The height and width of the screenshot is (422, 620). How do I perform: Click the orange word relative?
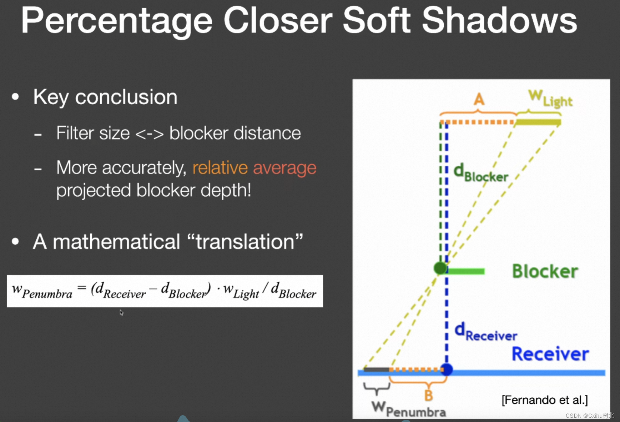pyautogui.click(x=220, y=167)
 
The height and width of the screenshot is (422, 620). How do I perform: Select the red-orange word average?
pyautogui.click(x=284, y=168)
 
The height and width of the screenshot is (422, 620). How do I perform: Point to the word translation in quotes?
pyautogui.click(x=245, y=242)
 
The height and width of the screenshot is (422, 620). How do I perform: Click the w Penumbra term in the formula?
pyautogui.click(x=42, y=291)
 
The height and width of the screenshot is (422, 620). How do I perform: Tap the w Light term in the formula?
pyautogui.click(x=241, y=291)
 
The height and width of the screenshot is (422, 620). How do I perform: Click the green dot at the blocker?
pyautogui.click(x=440, y=268)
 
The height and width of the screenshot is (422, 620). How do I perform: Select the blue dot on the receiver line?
pyautogui.click(x=446, y=369)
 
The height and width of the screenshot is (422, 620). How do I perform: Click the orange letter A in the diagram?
pyautogui.click(x=479, y=99)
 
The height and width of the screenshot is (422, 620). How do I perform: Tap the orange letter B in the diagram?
pyautogui.click(x=428, y=395)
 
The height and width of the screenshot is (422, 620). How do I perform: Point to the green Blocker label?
pyautogui.click(x=545, y=271)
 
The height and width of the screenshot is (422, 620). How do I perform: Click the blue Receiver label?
pyautogui.click(x=550, y=354)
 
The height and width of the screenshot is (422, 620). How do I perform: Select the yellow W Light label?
pyautogui.click(x=550, y=98)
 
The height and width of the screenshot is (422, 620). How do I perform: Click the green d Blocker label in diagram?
pyautogui.click(x=480, y=173)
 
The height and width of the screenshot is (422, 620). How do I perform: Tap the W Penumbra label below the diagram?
pyautogui.click(x=408, y=409)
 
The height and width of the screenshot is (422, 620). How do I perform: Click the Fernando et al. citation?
pyautogui.click(x=545, y=400)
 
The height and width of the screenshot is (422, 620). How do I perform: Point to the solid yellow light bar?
pyautogui.click(x=538, y=122)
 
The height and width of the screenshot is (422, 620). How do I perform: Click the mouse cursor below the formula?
pyautogui.click(x=121, y=312)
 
